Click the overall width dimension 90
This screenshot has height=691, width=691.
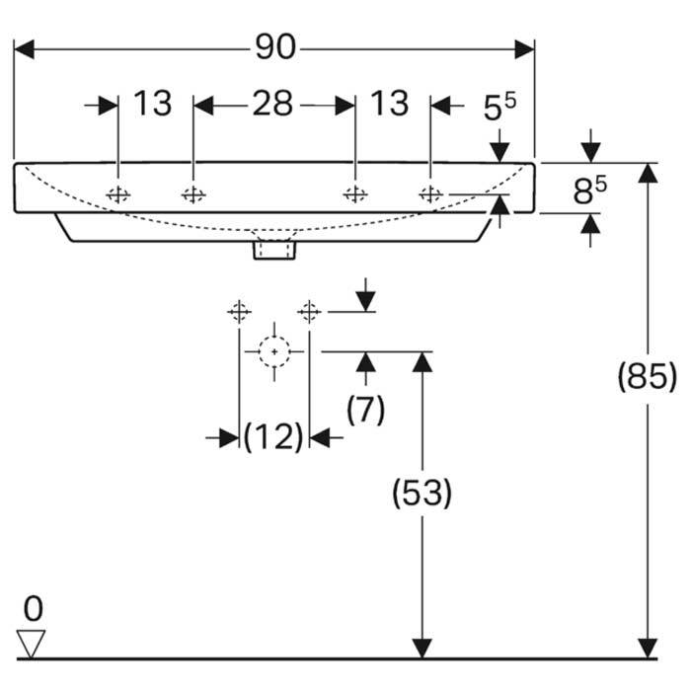(x=275, y=47)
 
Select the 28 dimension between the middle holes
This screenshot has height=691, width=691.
(x=272, y=104)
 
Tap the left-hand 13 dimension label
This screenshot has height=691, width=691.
(x=152, y=104)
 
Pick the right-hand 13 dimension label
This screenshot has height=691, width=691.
(x=390, y=104)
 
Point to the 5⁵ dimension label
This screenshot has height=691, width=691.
(x=499, y=107)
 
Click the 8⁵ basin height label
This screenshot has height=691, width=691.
(x=589, y=190)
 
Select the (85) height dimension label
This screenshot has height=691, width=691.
(x=647, y=376)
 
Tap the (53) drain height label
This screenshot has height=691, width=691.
(x=422, y=493)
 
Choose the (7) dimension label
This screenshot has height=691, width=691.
(x=365, y=410)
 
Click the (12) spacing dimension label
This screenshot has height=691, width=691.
(x=273, y=437)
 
